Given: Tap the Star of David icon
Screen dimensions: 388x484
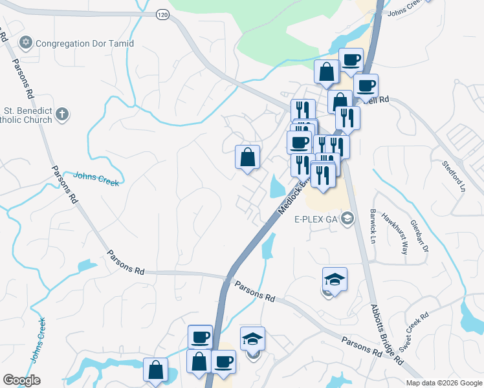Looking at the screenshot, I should [26, 43].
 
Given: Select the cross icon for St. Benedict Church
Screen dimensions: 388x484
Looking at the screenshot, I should [61, 114].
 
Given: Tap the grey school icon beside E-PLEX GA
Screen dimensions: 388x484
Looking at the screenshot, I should [349, 219].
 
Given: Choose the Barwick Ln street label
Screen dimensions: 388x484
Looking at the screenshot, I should [373, 224].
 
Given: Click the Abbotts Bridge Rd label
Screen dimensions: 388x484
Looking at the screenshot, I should [387, 333].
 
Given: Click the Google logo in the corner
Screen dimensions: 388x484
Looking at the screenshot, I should [21, 380].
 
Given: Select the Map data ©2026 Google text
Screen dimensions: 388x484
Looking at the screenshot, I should [444, 383].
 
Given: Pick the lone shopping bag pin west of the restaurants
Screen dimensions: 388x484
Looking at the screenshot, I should [247, 157].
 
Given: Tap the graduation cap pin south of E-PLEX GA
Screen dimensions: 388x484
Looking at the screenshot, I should [335, 279].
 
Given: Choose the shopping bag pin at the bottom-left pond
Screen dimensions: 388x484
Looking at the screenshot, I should [155, 371].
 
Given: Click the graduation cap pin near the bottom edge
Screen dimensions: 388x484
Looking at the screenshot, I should [252, 338].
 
